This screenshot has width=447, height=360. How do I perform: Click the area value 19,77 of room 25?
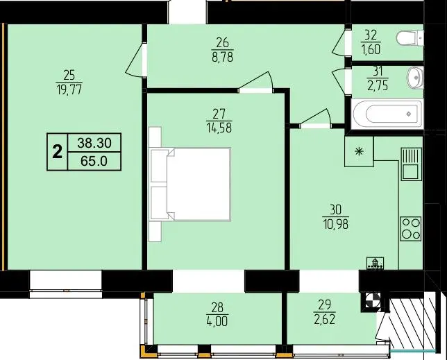coord(69,89)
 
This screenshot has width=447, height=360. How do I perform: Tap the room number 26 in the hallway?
coord(222,43)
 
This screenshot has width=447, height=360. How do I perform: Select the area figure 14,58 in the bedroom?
coord(219,128)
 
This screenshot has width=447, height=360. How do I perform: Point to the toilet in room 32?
coord(410,38)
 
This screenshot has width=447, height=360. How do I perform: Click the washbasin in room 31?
coord(415,78)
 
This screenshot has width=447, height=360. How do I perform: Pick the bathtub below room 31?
coord(387,114)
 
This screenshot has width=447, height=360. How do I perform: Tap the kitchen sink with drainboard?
coord(411,164)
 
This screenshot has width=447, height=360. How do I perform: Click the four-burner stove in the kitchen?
coord(411,229)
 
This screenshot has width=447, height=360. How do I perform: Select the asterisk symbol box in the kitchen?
coord(359,151)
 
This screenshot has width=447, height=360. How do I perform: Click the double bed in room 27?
coord(189,185)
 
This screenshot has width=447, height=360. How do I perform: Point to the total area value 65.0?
coord(94,161)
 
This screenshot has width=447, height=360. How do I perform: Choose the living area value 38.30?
coord(94,143)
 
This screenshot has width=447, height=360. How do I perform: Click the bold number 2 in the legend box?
coord(58,152)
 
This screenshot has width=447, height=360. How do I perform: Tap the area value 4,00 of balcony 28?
coord(217,322)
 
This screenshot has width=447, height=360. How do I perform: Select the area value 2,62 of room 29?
coord(324,320)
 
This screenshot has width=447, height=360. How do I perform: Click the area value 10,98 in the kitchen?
coord(336,225)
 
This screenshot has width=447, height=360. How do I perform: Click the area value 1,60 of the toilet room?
coord(371,49)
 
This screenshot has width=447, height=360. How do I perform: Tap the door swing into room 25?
coord(134,60)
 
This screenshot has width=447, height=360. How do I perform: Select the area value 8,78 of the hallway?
coord(222,57)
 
